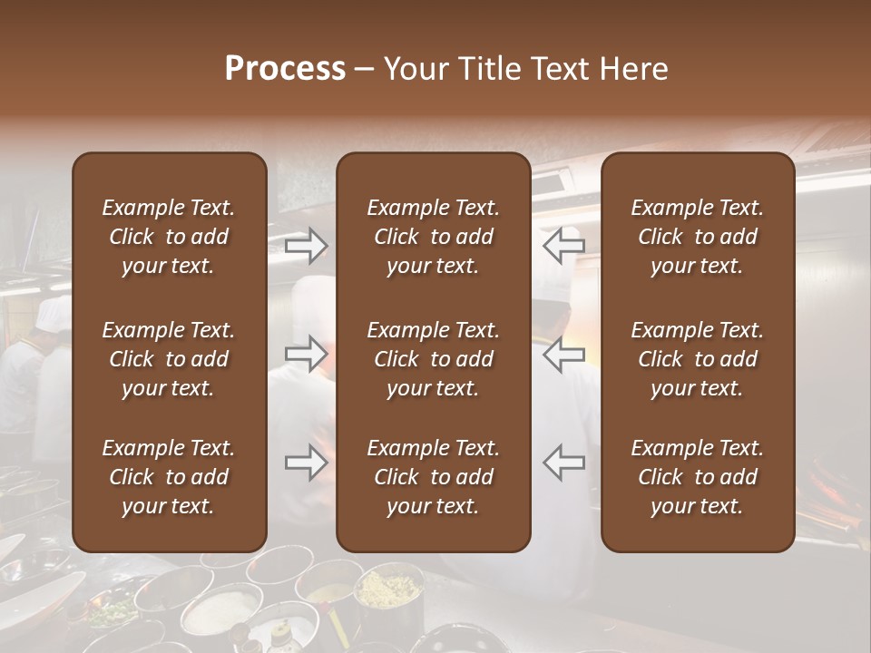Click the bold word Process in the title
click(x=285, y=69)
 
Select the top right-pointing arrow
click(x=306, y=245)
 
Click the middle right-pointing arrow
click(x=306, y=354)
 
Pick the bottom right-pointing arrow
click(x=306, y=463)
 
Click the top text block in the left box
click(x=169, y=237)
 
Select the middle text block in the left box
click(x=169, y=359)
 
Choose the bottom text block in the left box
click(x=169, y=477)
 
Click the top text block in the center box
click(x=433, y=237)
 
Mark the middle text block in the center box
click(x=433, y=359)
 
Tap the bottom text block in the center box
click(x=433, y=477)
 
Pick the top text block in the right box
click(x=697, y=237)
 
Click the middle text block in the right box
click(x=697, y=359)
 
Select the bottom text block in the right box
click(x=697, y=477)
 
